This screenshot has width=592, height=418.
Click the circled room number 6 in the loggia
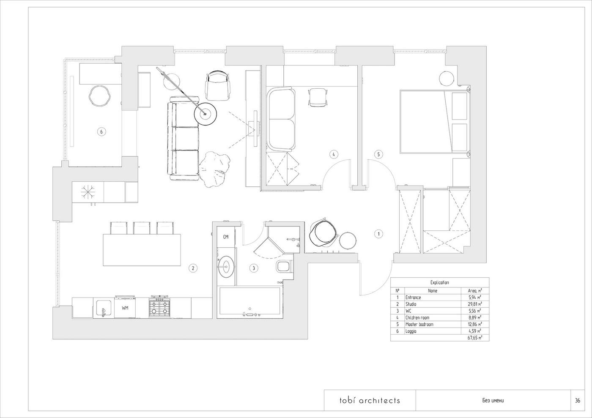click(x=101, y=131)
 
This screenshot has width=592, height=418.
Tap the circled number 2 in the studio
click(x=193, y=268)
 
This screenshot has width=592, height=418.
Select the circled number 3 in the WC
click(x=254, y=268)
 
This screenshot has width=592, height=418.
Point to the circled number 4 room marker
click(x=334, y=154)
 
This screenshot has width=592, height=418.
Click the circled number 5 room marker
click(x=378, y=154)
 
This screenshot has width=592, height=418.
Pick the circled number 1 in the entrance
click(x=379, y=234)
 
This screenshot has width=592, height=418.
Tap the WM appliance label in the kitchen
click(x=125, y=308)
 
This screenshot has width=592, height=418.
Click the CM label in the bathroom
click(x=226, y=237)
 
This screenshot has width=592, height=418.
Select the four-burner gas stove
click(x=160, y=307)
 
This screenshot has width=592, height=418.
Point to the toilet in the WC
click(x=284, y=266)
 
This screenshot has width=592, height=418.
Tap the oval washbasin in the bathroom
click(x=227, y=267)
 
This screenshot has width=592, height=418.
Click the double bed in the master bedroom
click(x=435, y=122)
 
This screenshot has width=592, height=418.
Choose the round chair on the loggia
click(x=99, y=96)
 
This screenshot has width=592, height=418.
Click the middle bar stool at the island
click(x=142, y=228)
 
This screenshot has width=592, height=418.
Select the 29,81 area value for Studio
click(x=474, y=304)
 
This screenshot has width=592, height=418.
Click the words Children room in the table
click(x=417, y=317)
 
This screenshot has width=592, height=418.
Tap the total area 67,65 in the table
click(x=474, y=338)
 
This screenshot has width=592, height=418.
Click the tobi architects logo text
click(x=370, y=400)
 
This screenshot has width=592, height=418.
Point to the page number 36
click(x=578, y=401)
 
